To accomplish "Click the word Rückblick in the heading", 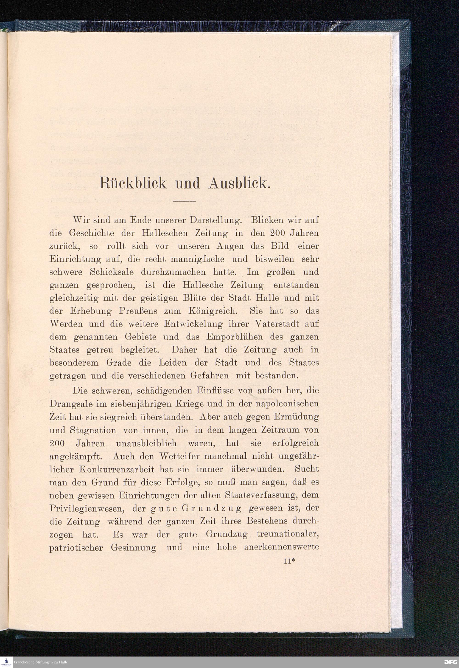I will (133, 183).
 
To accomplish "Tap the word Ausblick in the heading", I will (239, 183).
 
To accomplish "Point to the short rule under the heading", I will (184, 201).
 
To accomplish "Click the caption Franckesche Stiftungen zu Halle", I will (41, 662).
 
